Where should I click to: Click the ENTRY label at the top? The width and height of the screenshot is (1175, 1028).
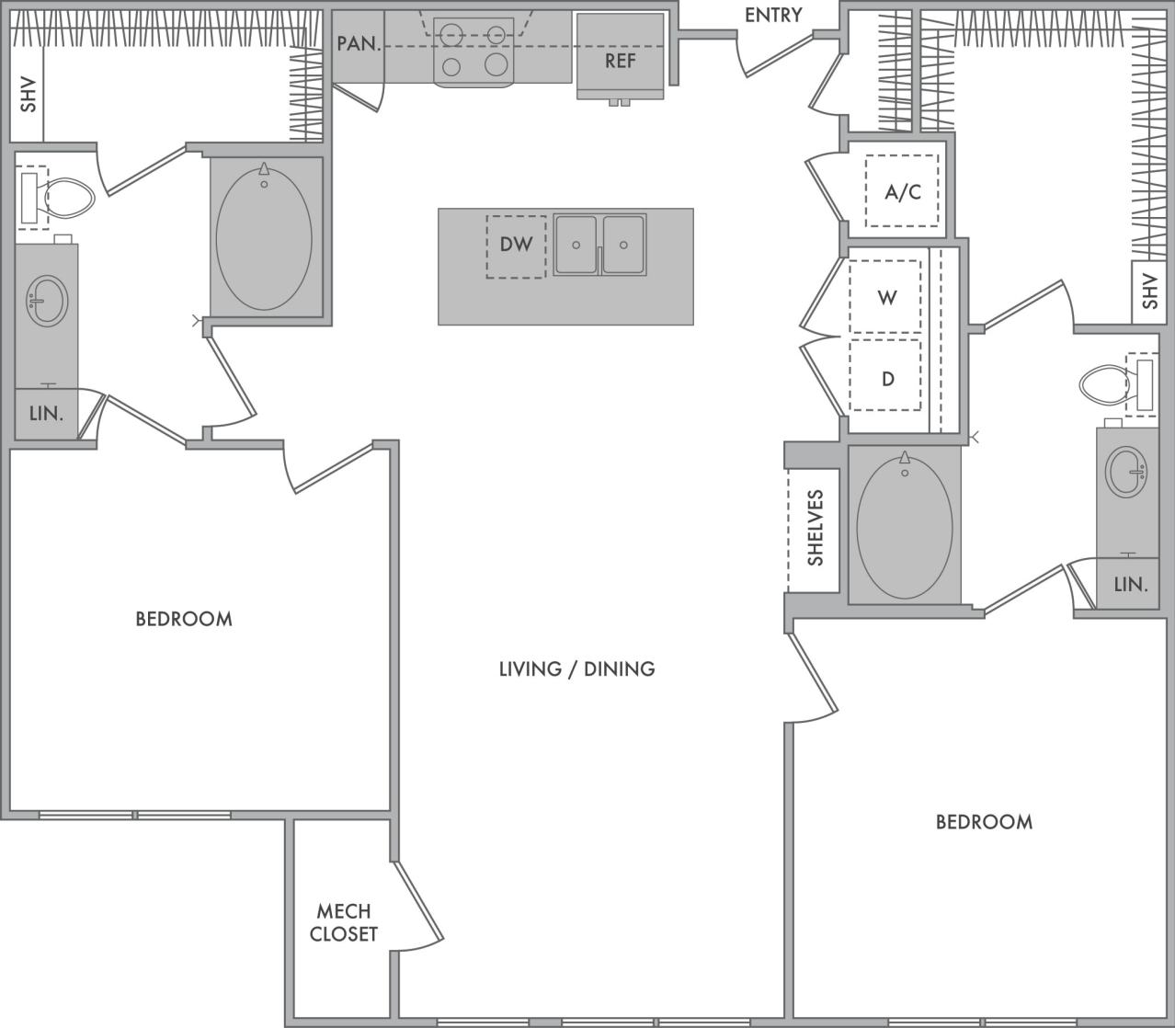click(772, 16)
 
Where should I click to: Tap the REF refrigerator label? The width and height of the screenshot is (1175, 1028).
click(620, 61)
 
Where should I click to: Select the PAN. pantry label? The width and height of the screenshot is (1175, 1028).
click(359, 43)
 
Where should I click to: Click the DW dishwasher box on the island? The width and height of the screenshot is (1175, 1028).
click(516, 246)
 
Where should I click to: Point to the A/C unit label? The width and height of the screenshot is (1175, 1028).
click(902, 192)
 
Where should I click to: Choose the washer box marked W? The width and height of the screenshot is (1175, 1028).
click(886, 297)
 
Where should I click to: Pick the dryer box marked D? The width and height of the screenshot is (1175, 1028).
click(886, 378)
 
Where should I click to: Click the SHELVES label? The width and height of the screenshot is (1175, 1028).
click(815, 528)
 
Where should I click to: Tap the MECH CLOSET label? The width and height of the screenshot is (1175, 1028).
click(343, 922)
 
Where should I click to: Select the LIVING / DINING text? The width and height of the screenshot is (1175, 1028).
click(576, 668)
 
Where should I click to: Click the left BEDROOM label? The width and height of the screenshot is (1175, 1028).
click(184, 619)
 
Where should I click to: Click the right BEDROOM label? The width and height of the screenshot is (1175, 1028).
click(984, 821)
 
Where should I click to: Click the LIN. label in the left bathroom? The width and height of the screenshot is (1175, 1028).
click(46, 414)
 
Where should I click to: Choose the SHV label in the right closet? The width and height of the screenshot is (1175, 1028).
click(1149, 291)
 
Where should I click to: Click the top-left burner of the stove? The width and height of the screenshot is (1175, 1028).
click(451, 35)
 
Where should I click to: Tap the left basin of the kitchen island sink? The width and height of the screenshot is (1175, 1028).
click(576, 245)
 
